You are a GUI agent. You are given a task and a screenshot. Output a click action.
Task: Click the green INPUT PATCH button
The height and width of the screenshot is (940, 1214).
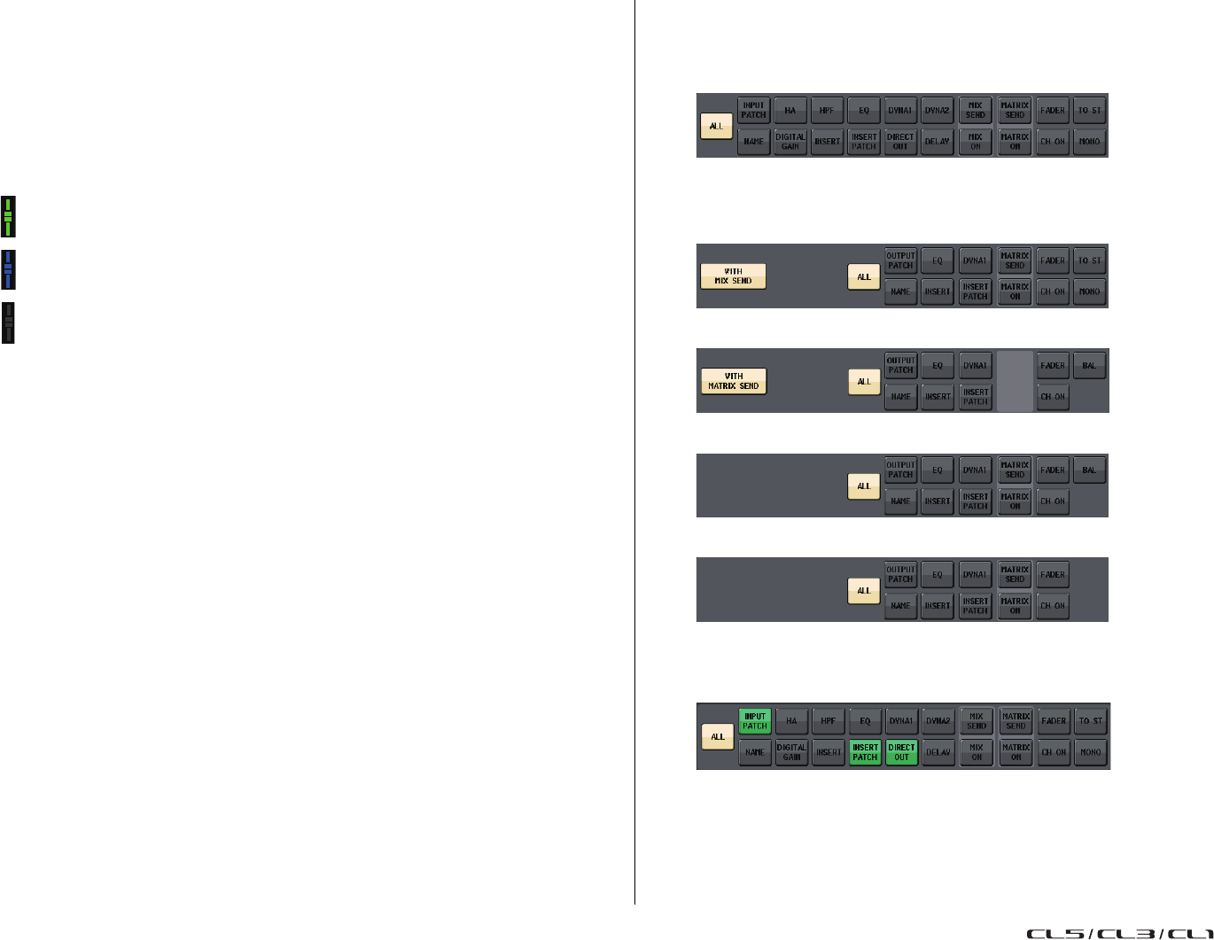click(755, 721)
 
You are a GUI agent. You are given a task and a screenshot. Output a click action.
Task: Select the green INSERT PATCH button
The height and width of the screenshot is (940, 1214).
click(865, 752)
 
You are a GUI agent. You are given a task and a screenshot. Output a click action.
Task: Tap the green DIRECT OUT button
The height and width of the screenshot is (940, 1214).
click(901, 752)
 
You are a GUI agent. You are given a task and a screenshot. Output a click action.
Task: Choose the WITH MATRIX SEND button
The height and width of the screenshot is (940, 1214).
click(734, 381)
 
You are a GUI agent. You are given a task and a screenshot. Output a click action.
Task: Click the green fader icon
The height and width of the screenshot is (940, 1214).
click(8, 216)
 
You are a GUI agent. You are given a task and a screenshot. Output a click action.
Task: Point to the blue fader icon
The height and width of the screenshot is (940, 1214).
click(8, 269)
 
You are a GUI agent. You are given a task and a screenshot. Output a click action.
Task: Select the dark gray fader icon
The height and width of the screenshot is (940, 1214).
click(8, 322)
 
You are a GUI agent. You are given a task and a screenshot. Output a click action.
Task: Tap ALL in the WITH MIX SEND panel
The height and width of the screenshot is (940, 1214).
click(864, 277)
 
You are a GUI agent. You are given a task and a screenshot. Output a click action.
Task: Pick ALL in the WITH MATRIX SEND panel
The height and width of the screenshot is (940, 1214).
click(864, 382)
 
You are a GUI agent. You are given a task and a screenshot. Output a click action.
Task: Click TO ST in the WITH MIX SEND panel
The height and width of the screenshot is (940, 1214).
click(1090, 260)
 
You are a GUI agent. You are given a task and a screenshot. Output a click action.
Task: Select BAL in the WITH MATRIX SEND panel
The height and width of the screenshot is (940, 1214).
click(1090, 365)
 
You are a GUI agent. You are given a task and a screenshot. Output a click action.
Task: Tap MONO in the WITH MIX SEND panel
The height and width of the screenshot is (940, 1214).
click(1090, 291)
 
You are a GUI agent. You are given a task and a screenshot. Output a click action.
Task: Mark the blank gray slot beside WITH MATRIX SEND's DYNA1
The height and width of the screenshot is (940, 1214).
click(1016, 381)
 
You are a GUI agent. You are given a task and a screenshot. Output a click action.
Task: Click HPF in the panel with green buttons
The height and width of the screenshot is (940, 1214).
click(828, 721)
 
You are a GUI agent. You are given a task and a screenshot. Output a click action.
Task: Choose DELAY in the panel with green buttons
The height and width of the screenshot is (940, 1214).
click(938, 752)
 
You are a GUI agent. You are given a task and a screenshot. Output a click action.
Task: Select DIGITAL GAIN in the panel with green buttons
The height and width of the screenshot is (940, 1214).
click(791, 752)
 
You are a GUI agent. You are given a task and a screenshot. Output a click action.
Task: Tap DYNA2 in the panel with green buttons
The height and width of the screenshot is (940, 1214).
click(938, 721)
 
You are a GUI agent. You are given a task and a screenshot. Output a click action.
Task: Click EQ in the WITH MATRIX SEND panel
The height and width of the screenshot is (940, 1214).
click(938, 365)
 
